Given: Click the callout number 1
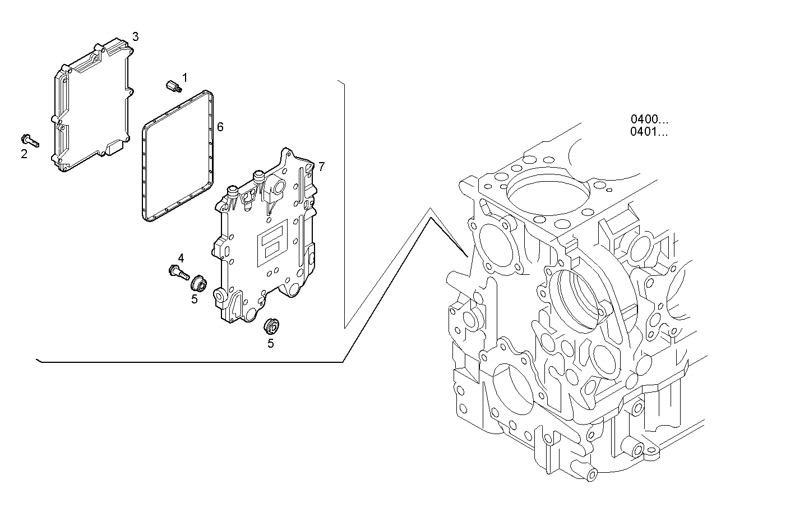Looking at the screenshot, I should (x=184, y=77).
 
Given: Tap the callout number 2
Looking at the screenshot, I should (x=24, y=154).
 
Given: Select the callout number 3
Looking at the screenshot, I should (x=135, y=37).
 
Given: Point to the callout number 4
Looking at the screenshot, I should (x=181, y=258).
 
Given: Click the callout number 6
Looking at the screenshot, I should (x=220, y=127).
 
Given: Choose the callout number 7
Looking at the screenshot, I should (x=321, y=167).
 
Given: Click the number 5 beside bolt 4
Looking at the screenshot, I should (x=195, y=299).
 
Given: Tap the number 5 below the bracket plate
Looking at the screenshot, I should (x=270, y=343).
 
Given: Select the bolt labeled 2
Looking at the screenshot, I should (x=30, y=140).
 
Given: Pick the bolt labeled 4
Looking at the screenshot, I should (x=178, y=273).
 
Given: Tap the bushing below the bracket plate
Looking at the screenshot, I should (x=272, y=325).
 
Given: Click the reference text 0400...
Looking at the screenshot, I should (x=649, y=119).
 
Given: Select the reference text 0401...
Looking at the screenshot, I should (x=649, y=132).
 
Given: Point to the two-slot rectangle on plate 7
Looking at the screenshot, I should (x=272, y=242).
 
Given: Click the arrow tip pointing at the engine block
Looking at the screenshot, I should (x=467, y=256).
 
